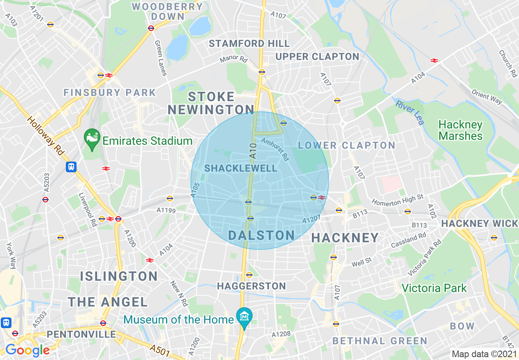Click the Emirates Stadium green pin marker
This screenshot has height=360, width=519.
92,138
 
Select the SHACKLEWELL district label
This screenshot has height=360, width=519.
241,168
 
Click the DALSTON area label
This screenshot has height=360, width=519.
261,235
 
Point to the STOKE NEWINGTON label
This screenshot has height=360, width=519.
211,103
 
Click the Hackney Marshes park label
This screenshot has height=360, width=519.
460,130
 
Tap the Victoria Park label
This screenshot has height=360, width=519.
434,288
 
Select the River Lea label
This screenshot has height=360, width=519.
410,112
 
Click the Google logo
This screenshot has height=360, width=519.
27,350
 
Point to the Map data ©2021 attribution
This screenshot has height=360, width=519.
484,353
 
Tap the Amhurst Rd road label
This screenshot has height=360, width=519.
275,149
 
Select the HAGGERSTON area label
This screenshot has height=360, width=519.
251,286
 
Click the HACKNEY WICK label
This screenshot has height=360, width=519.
479,223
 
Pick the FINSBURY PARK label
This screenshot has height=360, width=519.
109,92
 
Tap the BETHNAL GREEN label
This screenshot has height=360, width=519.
380,341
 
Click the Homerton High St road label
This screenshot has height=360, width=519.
397,200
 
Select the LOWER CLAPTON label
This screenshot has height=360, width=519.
346,145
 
